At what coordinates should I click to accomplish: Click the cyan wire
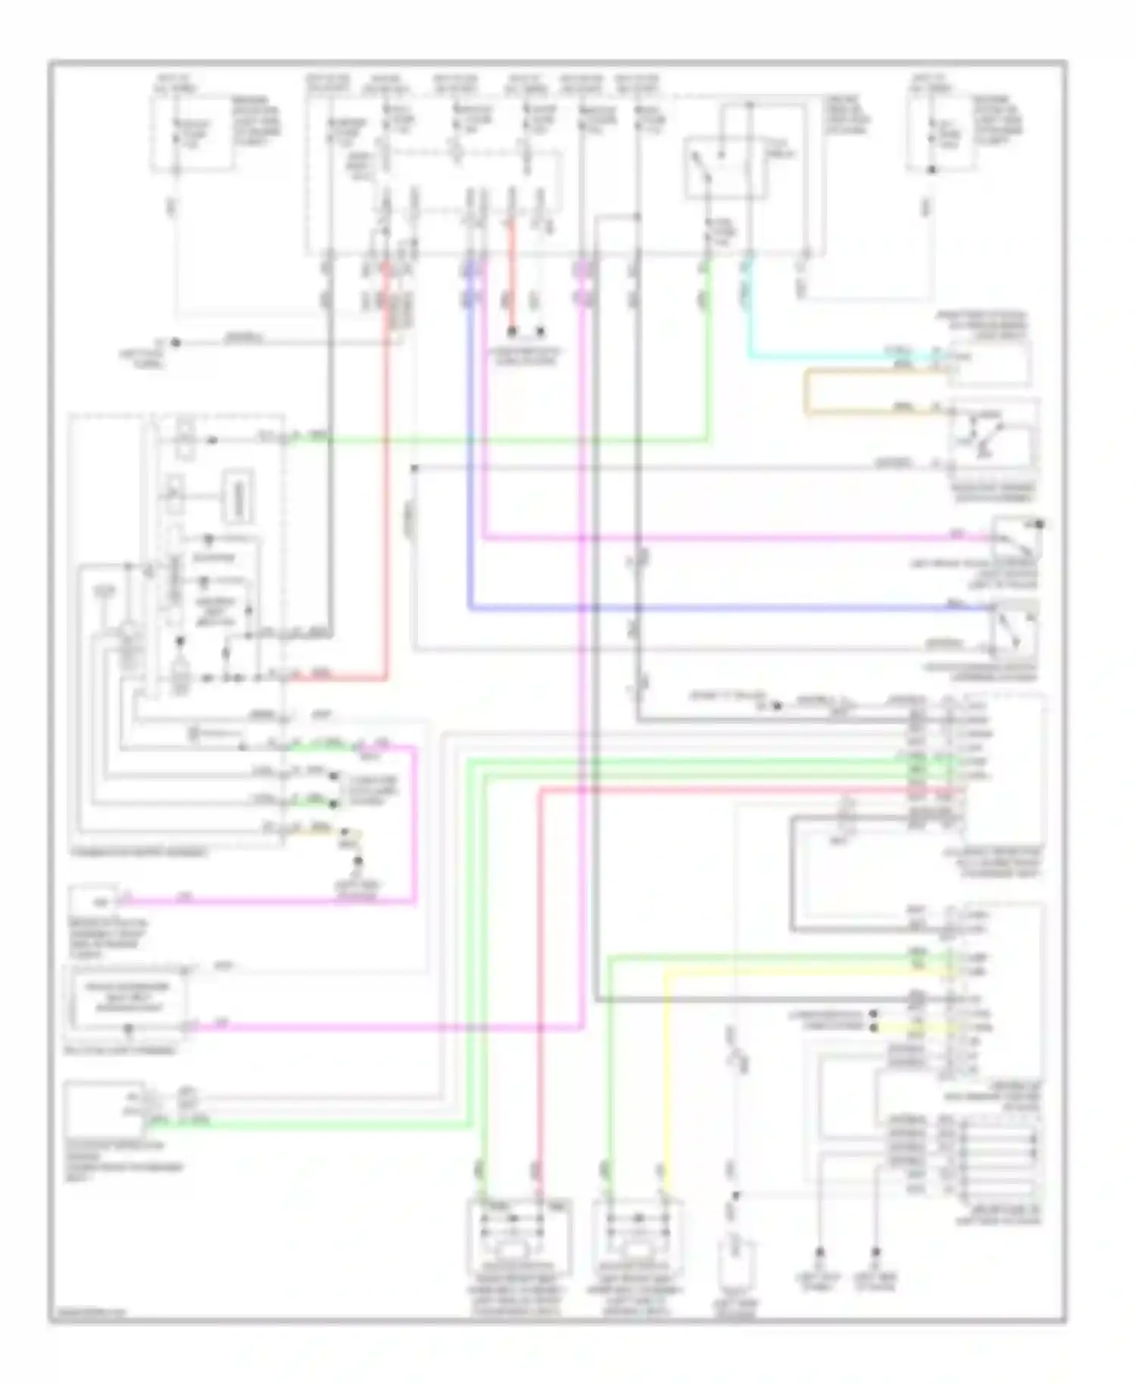click(833, 355)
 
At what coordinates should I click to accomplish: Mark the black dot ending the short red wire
click(512, 331)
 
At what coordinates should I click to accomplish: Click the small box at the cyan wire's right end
click(991, 363)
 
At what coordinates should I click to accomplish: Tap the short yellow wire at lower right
click(909, 1027)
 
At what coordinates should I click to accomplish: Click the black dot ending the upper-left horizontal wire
click(175, 342)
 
